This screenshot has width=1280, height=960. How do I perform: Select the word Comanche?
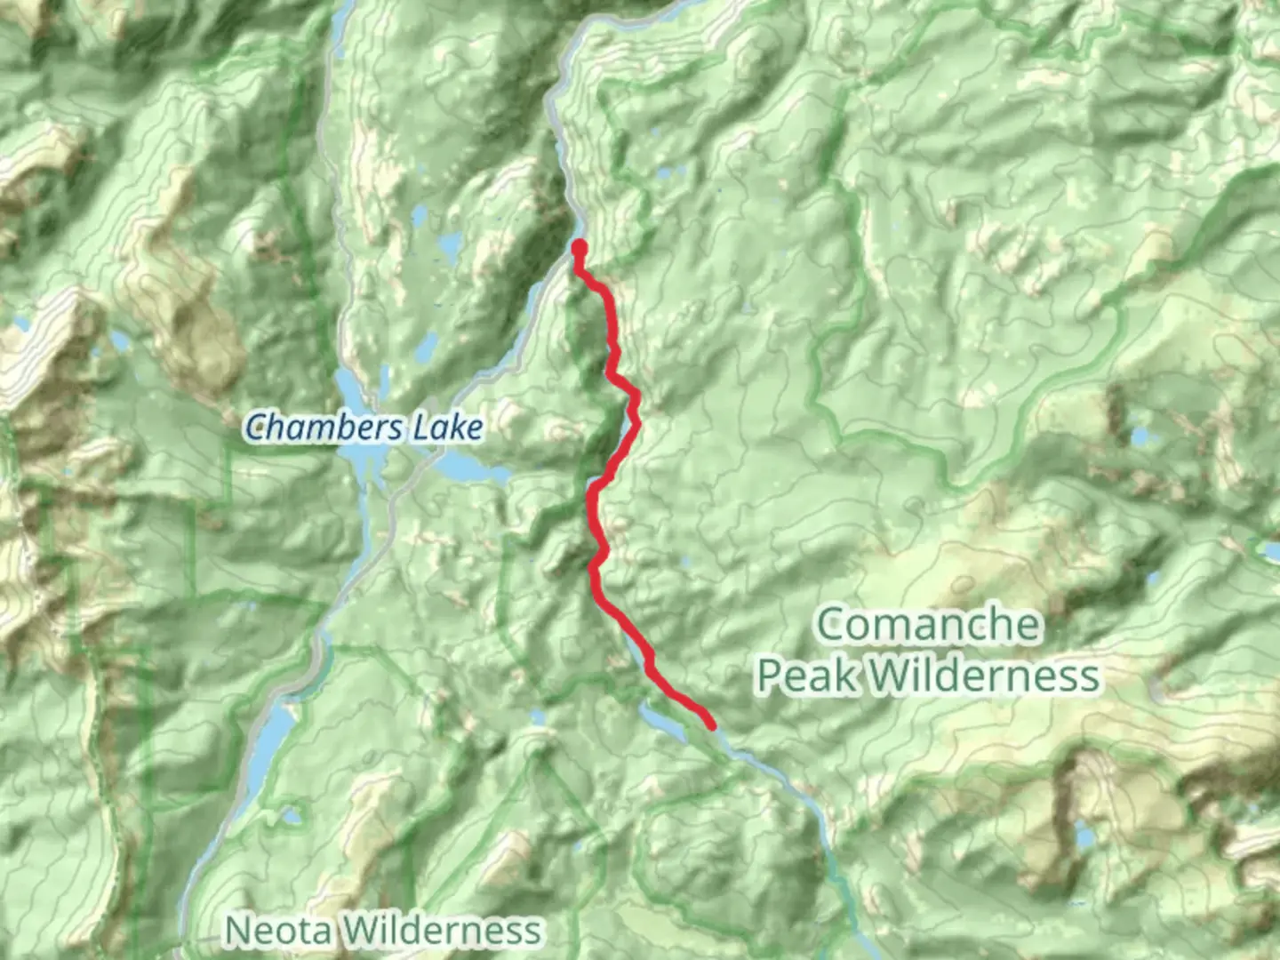[927, 624]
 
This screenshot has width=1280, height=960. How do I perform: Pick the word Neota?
[278, 931]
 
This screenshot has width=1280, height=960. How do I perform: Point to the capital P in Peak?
[771, 676]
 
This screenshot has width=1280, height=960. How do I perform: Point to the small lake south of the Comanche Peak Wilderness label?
[1083, 836]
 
